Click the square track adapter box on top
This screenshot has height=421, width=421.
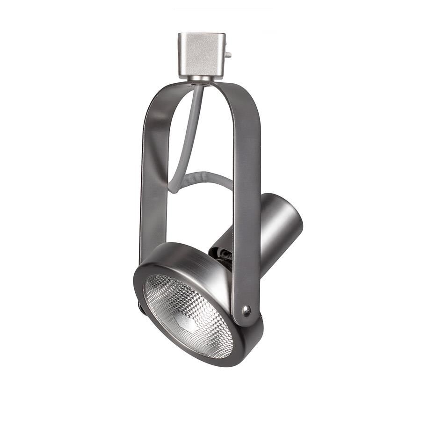(201, 53)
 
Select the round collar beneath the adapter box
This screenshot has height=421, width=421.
(202, 79)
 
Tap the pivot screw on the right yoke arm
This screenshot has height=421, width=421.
(246, 309)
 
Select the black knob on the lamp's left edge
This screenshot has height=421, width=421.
(140, 307)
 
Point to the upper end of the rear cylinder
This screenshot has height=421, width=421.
(281, 201)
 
